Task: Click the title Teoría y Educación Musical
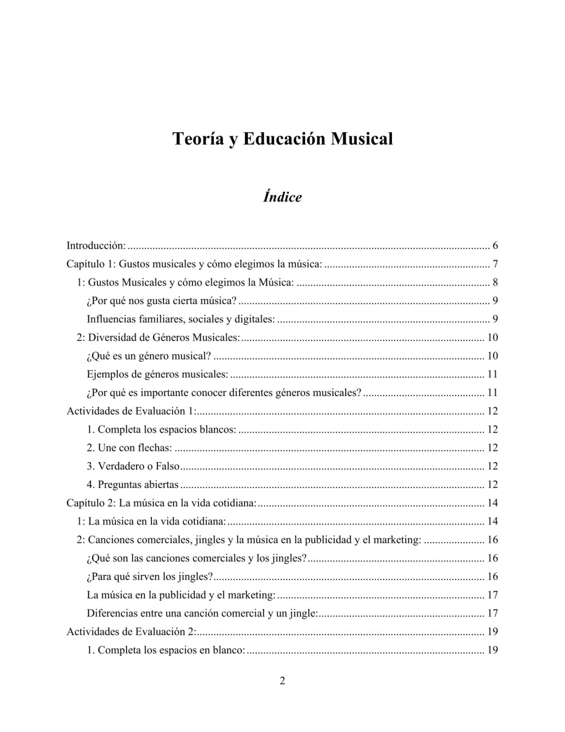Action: (x=282, y=138)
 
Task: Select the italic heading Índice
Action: (x=282, y=197)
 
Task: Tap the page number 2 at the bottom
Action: (x=282, y=681)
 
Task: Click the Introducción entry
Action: (x=96, y=246)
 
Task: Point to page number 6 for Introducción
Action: (x=495, y=246)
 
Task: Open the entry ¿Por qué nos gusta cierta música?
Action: (x=161, y=301)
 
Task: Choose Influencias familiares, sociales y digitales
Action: (x=181, y=319)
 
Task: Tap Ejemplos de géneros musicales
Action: (x=157, y=374)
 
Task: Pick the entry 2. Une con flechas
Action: (x=129, y=448)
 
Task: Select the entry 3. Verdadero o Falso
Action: (x=134, y=466)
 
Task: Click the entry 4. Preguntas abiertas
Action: (x=132, y=484)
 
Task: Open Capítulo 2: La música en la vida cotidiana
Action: (x=161, y=503)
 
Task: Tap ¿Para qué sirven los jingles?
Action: (x=150, y=576)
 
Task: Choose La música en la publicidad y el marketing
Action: (x=181, y=595)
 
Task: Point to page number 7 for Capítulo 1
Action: (x=495, y=264)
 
